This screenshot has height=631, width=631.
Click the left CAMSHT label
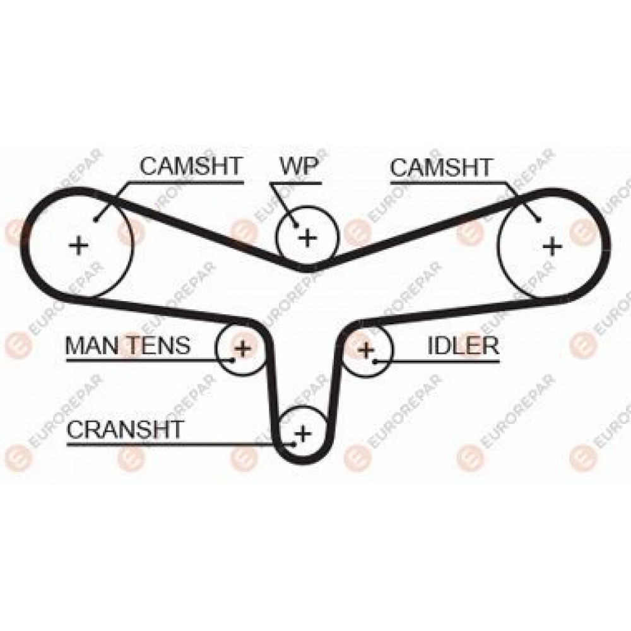(191, 166)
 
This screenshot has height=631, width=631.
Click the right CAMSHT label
(441, 167)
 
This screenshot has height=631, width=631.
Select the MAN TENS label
(127, 345)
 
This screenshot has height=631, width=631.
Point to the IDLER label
(463, 345)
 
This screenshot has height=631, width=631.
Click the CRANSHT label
(125, 429)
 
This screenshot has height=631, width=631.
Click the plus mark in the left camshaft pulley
(78, 245)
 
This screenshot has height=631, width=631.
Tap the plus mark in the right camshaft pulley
(552, 245)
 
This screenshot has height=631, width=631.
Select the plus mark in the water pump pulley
(308, 237)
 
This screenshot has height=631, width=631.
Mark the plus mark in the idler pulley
(366, 350)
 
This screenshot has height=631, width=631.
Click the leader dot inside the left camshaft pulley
(95, 220)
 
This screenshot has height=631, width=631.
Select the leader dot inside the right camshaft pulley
(538, 220)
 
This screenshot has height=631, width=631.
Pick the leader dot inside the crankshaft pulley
(294, 444)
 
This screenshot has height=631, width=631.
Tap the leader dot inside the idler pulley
(375, 362)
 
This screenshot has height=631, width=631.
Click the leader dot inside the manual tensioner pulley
(233, 360)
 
